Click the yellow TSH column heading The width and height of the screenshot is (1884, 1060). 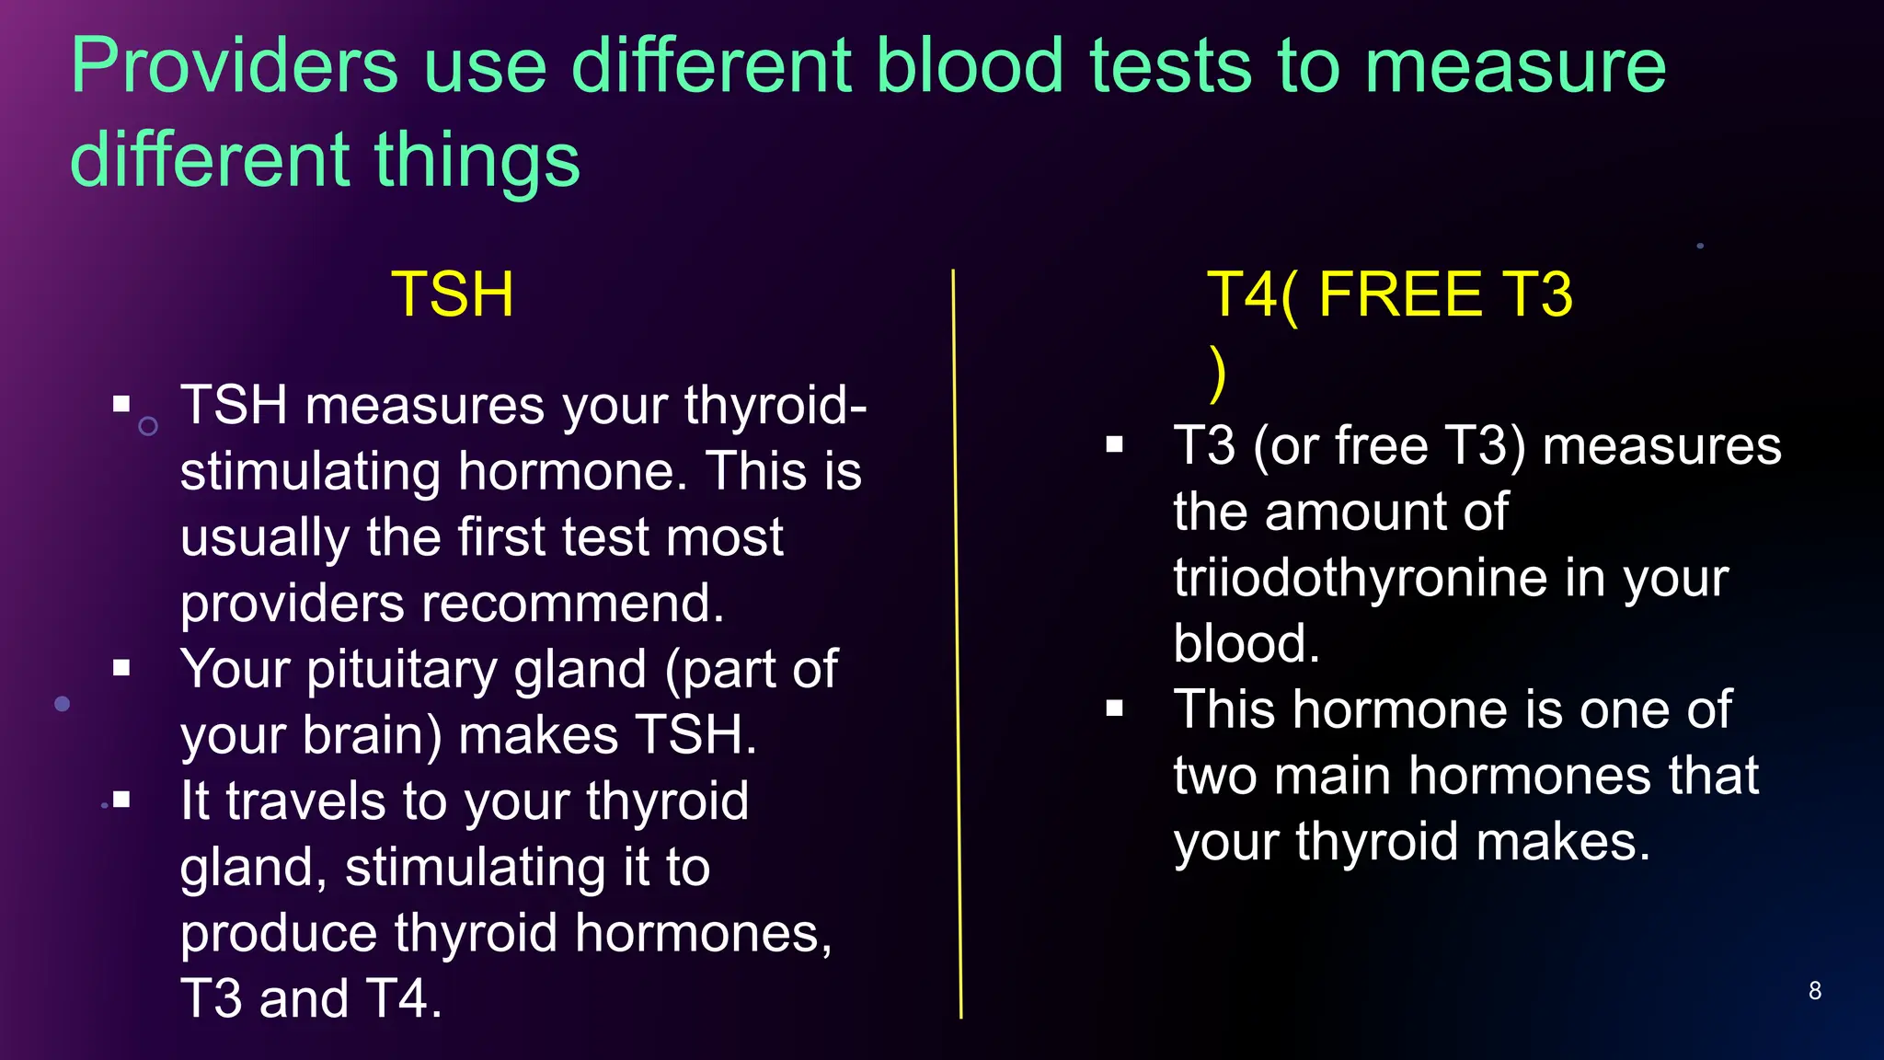click(453, 294)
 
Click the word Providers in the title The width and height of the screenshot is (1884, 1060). click(235, 66)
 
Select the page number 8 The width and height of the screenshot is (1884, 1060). click(1814, 991)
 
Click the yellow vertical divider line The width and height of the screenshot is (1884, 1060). click(957, 644)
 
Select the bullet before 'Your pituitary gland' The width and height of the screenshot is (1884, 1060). click(121, 668)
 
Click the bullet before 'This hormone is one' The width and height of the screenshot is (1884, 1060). click(1115, 709)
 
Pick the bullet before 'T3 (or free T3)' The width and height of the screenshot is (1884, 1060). click(1115, 445)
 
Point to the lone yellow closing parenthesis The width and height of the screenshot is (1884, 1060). click(1218, 374)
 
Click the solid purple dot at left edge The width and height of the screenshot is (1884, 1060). click(63, 704)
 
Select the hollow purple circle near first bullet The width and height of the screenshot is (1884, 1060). click(148, 426)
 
